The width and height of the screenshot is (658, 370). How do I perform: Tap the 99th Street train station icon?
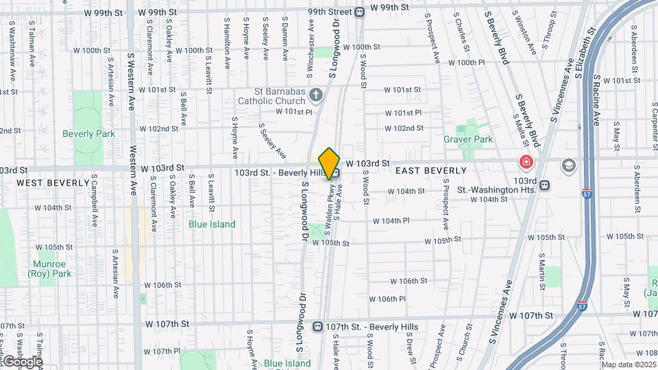(360, 11)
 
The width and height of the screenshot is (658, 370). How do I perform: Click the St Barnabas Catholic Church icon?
(316, 94)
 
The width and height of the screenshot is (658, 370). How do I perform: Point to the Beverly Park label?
(88, 134)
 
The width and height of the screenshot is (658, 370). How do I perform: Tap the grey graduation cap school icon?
(568, 165)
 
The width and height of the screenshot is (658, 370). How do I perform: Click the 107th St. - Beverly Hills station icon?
(317, 326)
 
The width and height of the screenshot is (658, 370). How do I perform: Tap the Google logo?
(22, 361)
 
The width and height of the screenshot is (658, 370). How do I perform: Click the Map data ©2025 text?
(629, 365)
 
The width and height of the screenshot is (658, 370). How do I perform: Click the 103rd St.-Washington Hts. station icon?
(544, 185)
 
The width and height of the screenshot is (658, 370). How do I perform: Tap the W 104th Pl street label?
(391, 221)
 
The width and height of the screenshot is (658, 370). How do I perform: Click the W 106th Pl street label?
(387, 299)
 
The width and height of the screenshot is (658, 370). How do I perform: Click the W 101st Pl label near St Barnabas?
(294, 111)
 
